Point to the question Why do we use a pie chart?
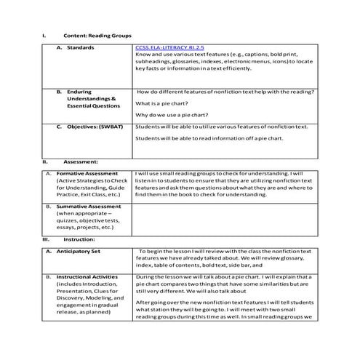click(x=174, y=115)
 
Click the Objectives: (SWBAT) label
click(x=92, y=127)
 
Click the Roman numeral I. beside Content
click(x=45, y=34)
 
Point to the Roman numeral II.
click(x=45, y=161)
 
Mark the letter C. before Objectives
click(x=59, y=127)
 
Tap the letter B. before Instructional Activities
click(x=48, y=277)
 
